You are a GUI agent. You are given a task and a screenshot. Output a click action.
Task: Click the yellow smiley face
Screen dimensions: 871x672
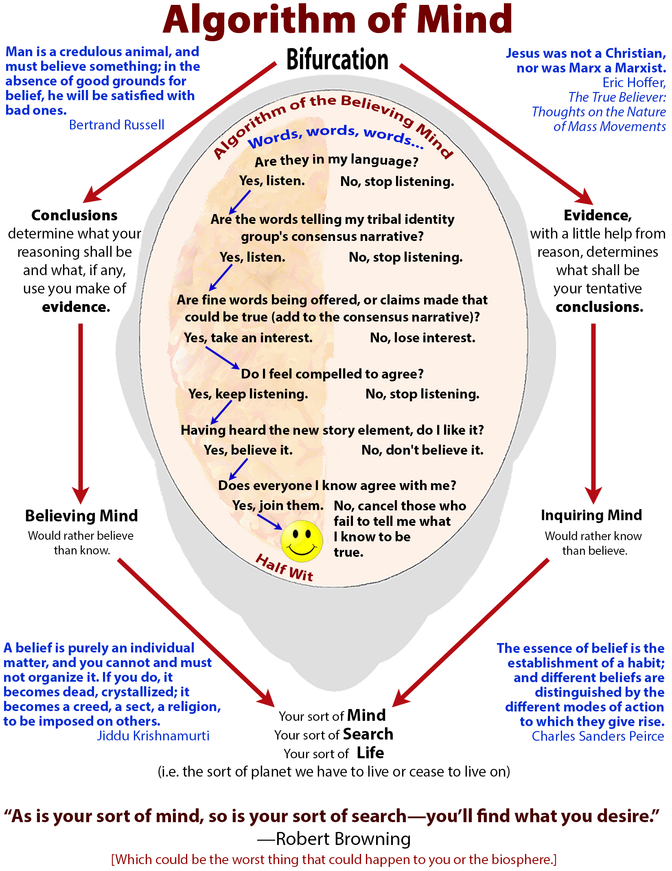(302, 540)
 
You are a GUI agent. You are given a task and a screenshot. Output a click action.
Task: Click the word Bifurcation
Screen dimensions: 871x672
(337, 60)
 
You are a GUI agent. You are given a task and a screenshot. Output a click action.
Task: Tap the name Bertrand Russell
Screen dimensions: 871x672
(116, 125)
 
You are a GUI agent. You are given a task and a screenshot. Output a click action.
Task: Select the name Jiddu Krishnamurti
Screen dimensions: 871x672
(153, 736)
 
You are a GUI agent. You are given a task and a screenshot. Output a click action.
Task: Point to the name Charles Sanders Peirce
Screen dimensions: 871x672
(598, 736)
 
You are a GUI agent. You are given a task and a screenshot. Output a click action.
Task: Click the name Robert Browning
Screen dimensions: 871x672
(343, 839)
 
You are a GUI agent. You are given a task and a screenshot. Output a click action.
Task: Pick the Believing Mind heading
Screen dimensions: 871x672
(81, 516)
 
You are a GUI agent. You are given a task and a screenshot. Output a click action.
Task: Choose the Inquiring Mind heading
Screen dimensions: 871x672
(591, 515)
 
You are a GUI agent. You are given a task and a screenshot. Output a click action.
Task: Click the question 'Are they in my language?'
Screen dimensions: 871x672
(336, 161)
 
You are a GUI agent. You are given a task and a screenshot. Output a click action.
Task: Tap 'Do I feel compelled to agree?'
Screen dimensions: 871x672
(332, 374)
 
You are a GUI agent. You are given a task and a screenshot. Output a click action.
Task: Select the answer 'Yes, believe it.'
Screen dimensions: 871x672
(248, 450)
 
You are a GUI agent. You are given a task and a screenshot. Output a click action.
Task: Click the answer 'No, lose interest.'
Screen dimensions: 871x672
(422, 338)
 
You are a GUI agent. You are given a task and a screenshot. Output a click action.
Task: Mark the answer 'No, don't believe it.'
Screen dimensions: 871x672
(422, 450)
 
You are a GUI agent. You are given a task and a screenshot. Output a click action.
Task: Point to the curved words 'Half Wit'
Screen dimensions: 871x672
(285, 567)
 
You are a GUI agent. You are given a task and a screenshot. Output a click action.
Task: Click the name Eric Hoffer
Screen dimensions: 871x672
(634, 83)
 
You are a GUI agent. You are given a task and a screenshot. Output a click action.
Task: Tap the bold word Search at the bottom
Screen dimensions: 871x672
(368, 734)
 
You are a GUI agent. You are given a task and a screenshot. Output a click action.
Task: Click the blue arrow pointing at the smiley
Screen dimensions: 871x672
(269, 522)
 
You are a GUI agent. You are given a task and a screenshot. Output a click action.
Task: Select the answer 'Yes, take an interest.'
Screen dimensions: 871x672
(248, 338)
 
